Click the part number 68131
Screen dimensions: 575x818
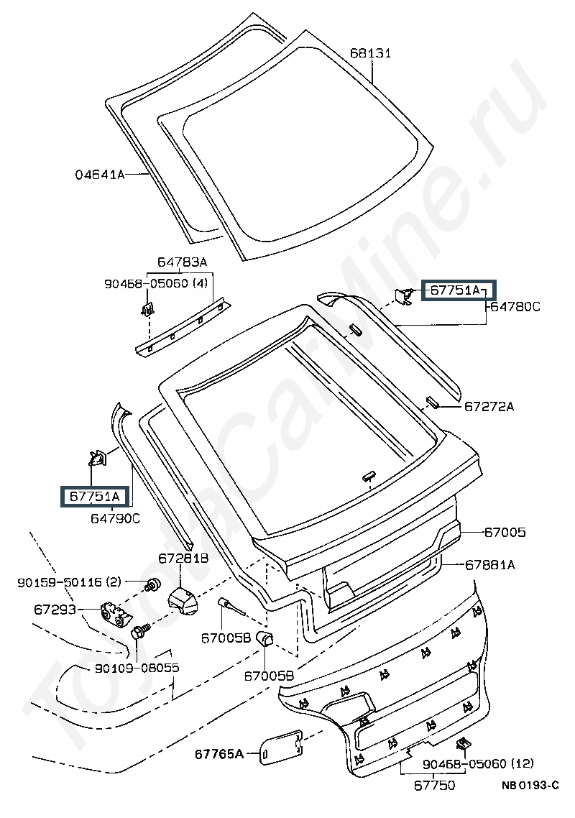[370, 52]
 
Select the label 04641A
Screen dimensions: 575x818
[100, 174]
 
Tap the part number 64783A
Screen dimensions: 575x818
[182, 262]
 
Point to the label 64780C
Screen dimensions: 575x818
[515, 307]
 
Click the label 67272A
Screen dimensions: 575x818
[489, 406]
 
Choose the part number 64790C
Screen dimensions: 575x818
[115, 518]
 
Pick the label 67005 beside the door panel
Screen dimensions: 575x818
[505, 532]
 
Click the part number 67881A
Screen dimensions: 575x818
[490, 564]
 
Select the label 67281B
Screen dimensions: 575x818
[183, 559]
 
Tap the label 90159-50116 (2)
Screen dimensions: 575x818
[70, 582]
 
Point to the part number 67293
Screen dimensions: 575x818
[55, 609]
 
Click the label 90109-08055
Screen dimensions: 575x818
[137, 668]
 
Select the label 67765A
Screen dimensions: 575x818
[219, 754]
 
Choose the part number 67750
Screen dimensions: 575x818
[435, 786]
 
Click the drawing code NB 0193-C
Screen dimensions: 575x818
[530, 786]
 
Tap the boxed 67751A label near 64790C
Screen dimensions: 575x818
[94, 496]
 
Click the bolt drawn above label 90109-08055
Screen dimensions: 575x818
[140, 632]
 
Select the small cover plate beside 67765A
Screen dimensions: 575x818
[281, 748]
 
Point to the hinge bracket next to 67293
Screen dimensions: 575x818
[114, 612]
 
